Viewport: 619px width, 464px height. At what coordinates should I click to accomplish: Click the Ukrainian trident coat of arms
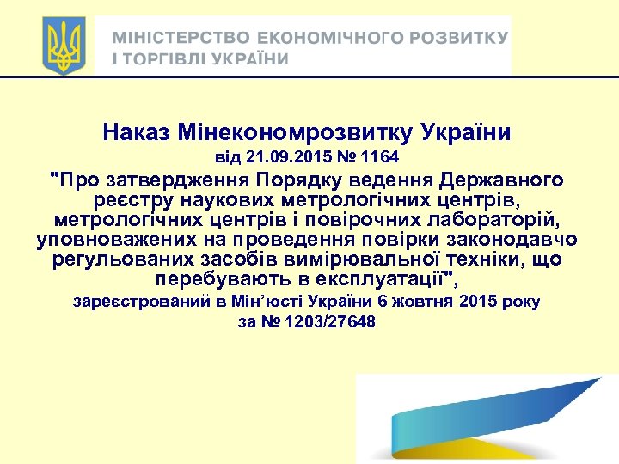click(64, 46)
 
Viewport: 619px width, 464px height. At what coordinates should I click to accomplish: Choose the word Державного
click(502, 180)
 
